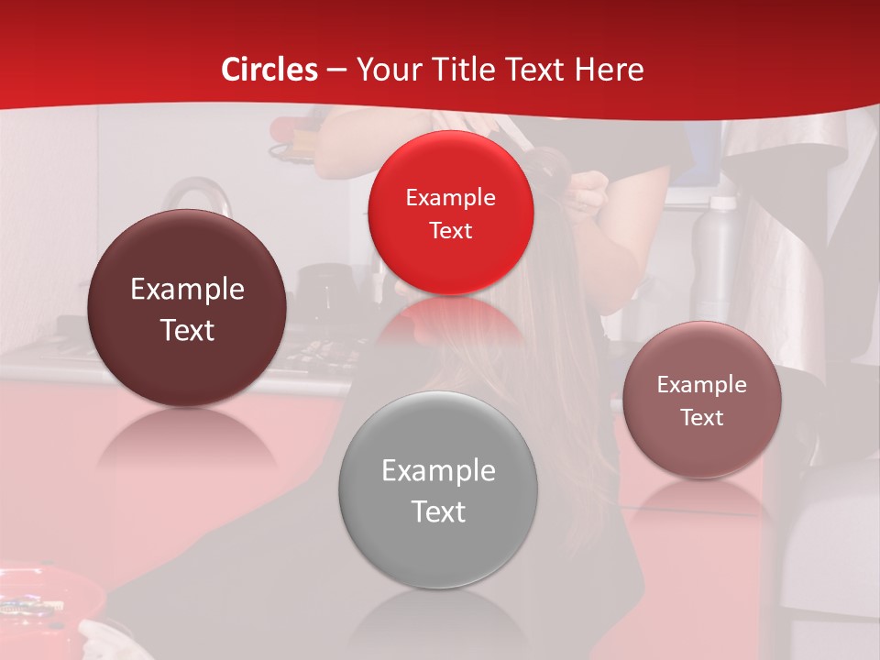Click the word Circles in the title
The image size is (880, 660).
click(x=269, y=70)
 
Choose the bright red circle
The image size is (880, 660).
click(x=450, y=213)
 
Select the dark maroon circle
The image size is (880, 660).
click(x=187, y=308)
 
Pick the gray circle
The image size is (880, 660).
click(x=438, y=489)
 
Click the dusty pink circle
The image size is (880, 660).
click(x=702, y=400)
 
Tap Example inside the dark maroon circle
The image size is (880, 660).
click(x=187, y=290)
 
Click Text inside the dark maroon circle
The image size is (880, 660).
click(x=187, y=330)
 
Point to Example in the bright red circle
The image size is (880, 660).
click(x=450, y=197)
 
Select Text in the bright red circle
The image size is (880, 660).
click(x=450, y=230)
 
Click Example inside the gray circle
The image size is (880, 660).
click(x=438, y=471)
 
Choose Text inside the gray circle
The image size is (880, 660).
click(x=438, y=511)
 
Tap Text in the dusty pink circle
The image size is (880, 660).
click(x=702, y=417)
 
